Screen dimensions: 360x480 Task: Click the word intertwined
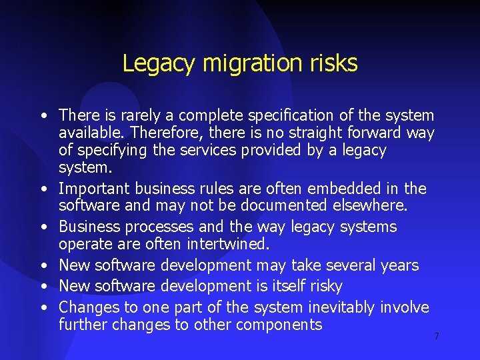228,244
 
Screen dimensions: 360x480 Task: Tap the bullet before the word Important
43,190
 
